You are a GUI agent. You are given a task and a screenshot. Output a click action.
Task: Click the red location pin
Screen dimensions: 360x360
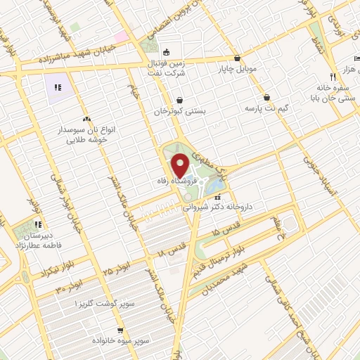point(181,166)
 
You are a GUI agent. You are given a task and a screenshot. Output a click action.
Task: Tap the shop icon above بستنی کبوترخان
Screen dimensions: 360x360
point(181,99)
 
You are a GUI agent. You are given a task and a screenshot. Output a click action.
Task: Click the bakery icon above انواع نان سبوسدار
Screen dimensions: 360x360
point(86,120)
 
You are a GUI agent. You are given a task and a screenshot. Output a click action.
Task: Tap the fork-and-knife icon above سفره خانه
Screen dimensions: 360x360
point(333,77)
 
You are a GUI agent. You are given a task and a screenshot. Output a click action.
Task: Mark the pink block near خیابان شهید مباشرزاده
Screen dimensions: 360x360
point(122,36)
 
